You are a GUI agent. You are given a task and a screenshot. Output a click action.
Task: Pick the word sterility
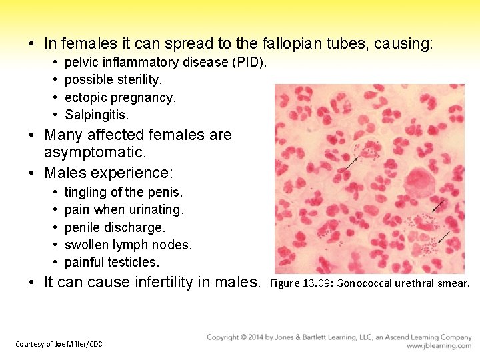138,79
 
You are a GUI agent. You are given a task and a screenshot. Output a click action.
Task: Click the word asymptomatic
95,153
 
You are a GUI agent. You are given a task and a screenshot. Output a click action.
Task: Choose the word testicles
135,262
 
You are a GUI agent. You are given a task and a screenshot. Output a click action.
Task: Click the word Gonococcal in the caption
369,283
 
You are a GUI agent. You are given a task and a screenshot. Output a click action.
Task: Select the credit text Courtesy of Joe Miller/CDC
59,344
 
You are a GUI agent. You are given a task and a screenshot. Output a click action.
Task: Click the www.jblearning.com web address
439,346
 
